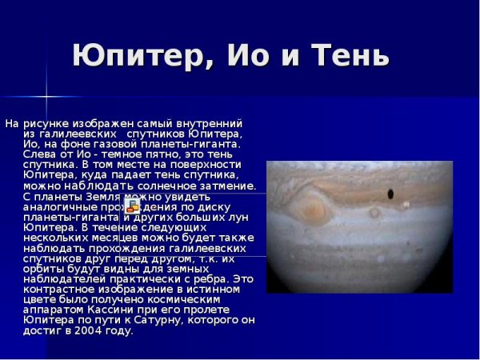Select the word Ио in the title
click(x=250, y=55)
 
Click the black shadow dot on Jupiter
click(x=390, y=194)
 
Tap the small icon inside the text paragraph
click(x=133, y=207)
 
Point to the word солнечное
click(x=159, y=186)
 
